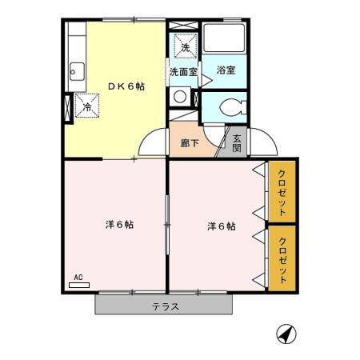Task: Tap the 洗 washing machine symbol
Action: (x=186, y=47)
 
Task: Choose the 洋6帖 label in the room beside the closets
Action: (x=221, y=226)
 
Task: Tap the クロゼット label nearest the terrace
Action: (x=282, y=258)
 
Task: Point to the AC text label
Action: (x=78, y=278)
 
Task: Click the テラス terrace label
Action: (x=166, y=306)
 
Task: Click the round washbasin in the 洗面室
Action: (x=181, y=97)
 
